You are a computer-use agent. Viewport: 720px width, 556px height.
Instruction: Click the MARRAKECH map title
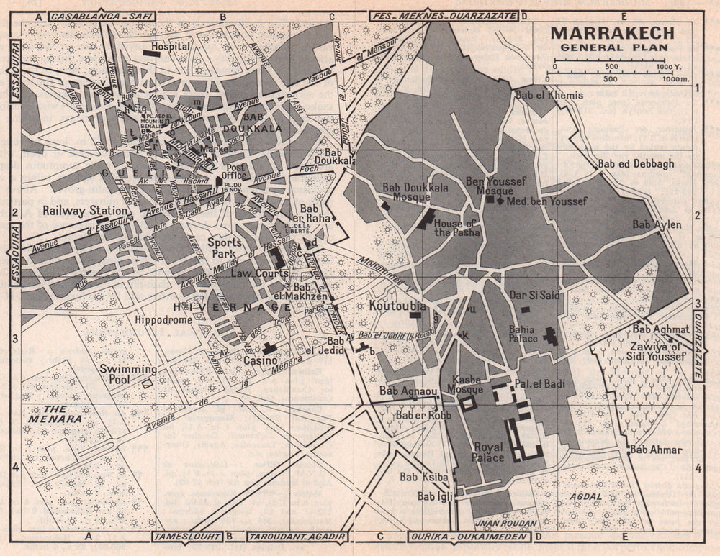[x=613, y=34]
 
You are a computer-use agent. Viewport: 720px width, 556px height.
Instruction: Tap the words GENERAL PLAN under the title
[x=613, y=48]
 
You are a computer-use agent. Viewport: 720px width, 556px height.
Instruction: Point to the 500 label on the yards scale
[x=610, y=67]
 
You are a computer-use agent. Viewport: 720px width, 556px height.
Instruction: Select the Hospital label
[x=171, y=46]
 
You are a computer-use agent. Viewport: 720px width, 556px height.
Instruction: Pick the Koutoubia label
[x=397, y=306]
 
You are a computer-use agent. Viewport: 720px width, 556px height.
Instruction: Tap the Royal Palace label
[x=487, y=451]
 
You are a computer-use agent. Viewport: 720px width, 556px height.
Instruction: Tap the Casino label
[x=258, y=360]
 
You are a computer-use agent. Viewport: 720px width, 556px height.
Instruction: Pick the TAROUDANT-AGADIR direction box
[x=297, y=536]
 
